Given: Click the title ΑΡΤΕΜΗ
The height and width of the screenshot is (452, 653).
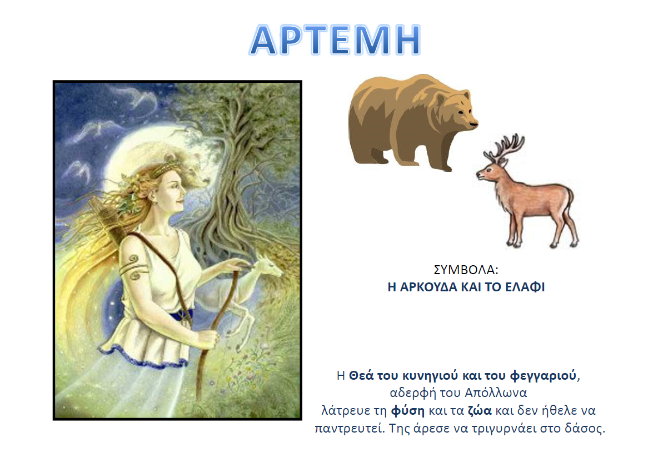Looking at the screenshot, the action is coord(335,40).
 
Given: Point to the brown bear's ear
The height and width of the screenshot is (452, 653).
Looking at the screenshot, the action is coord(441,99).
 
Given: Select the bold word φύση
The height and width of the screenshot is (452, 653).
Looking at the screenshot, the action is coord(408,411).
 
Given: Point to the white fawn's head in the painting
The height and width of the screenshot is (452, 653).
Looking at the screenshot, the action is coord(267,266).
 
